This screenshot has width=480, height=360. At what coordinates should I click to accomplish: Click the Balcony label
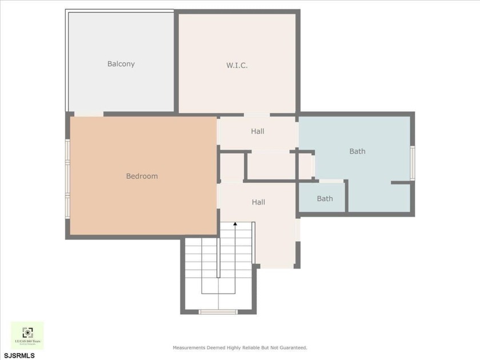[121, 64]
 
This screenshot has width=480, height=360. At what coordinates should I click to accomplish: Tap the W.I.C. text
[237, 65]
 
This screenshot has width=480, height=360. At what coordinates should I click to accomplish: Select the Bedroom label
[142, 176]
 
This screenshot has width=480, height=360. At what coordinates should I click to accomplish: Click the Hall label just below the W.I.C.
[257, 131]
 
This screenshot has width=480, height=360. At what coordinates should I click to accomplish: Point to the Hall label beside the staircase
[258, 202]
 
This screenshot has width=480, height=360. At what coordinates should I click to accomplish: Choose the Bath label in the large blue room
[357, 151]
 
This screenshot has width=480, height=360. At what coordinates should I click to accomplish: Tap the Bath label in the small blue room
[325, 199]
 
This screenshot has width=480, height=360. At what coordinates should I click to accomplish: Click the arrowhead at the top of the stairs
[235, 225]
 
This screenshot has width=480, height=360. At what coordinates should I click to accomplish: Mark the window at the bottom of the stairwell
[218, 312]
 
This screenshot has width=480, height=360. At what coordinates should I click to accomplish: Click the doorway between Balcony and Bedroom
[89, 114]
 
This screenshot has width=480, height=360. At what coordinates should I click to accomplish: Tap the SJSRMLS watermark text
[19, 355]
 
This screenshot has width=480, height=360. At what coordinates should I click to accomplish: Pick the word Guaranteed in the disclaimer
[291, 347]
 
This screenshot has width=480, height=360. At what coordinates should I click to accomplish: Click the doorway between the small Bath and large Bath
[331, 181]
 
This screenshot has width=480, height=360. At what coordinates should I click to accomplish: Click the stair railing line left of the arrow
[218, 257]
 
